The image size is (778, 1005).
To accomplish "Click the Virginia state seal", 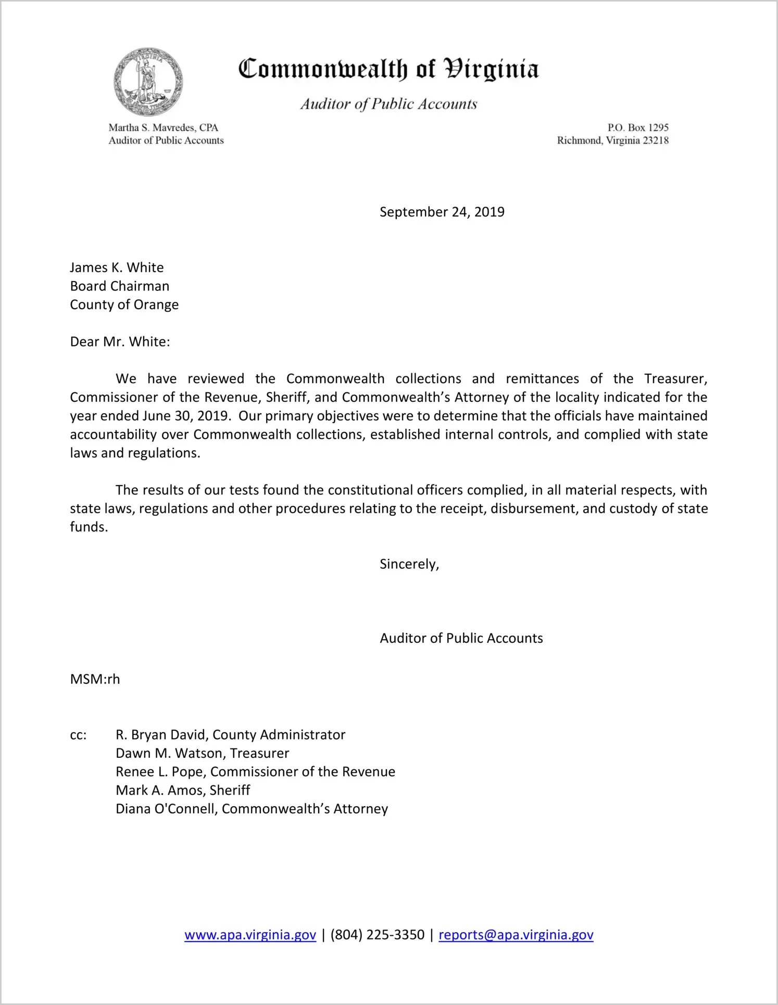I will pos(148,82).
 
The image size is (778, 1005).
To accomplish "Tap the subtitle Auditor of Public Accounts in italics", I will pos(388,104).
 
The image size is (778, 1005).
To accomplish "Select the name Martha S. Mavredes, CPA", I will pos(163,128).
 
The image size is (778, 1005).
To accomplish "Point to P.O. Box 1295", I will pos(637,128).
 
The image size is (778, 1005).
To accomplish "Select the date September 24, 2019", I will pos(442,212).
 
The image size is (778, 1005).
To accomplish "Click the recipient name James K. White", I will pos(117,268).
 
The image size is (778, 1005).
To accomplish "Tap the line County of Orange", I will pos(124,304).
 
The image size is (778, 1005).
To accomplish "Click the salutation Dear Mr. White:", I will pos(120,342).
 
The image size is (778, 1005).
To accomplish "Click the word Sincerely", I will pos(409,564).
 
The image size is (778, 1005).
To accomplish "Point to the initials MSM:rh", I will pos(95,679).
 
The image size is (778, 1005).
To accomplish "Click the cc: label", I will pos(78,735).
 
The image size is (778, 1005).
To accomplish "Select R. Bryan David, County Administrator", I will pos(230,735).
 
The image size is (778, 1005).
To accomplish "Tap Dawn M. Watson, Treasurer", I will pos(202,753).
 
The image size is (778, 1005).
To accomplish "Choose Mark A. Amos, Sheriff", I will pos(183,790).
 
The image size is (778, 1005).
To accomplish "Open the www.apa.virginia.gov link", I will pos(250,935).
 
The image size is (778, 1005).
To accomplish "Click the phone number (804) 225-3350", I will pos(377,935).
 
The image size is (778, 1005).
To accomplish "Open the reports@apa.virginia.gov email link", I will pos(516,935).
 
